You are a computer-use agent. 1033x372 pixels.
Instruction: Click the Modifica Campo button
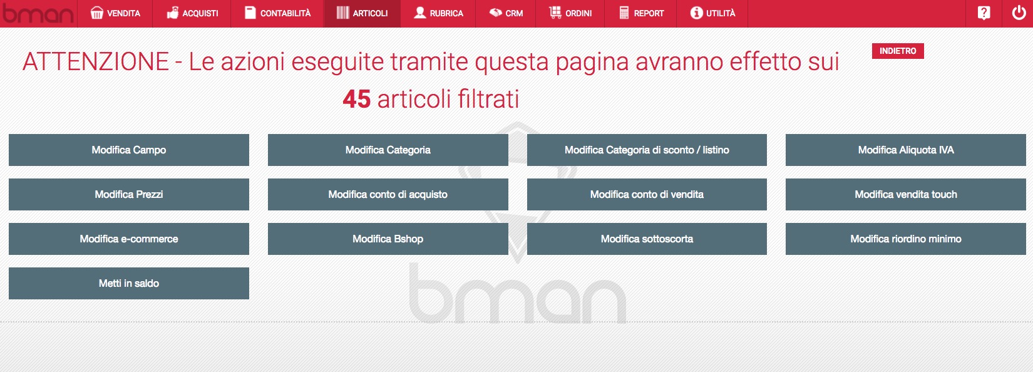pos(129,150)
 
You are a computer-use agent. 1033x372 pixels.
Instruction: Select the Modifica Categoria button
pos(388,150)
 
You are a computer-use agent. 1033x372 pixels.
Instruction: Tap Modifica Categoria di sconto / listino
pos(647,150)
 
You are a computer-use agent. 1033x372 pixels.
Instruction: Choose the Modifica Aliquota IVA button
pos(906,150)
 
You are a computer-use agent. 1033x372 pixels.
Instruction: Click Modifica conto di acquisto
pos(388,194)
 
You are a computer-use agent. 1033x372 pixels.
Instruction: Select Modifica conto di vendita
pos(647,194)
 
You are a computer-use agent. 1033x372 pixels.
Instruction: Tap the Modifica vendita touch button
pos(906,194)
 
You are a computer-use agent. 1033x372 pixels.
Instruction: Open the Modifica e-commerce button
pos(129,239)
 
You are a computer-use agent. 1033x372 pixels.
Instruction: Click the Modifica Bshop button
pos(388,239)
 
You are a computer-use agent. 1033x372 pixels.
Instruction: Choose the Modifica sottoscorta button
pos(647,239)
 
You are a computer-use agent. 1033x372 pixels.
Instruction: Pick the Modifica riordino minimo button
pos(906,239)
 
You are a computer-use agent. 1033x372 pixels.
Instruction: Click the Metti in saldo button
pos(129,284)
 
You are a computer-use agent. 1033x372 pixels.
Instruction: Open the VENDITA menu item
pos(115,13)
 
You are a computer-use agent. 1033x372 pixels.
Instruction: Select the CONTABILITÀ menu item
pos(277,13)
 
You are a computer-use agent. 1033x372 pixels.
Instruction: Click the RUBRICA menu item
pos(438,13)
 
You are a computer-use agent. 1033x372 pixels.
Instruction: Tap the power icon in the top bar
pos(1019,13)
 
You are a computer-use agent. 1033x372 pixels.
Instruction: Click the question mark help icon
pos(984,13)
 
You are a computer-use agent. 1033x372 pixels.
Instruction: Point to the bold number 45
pos(356,99)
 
